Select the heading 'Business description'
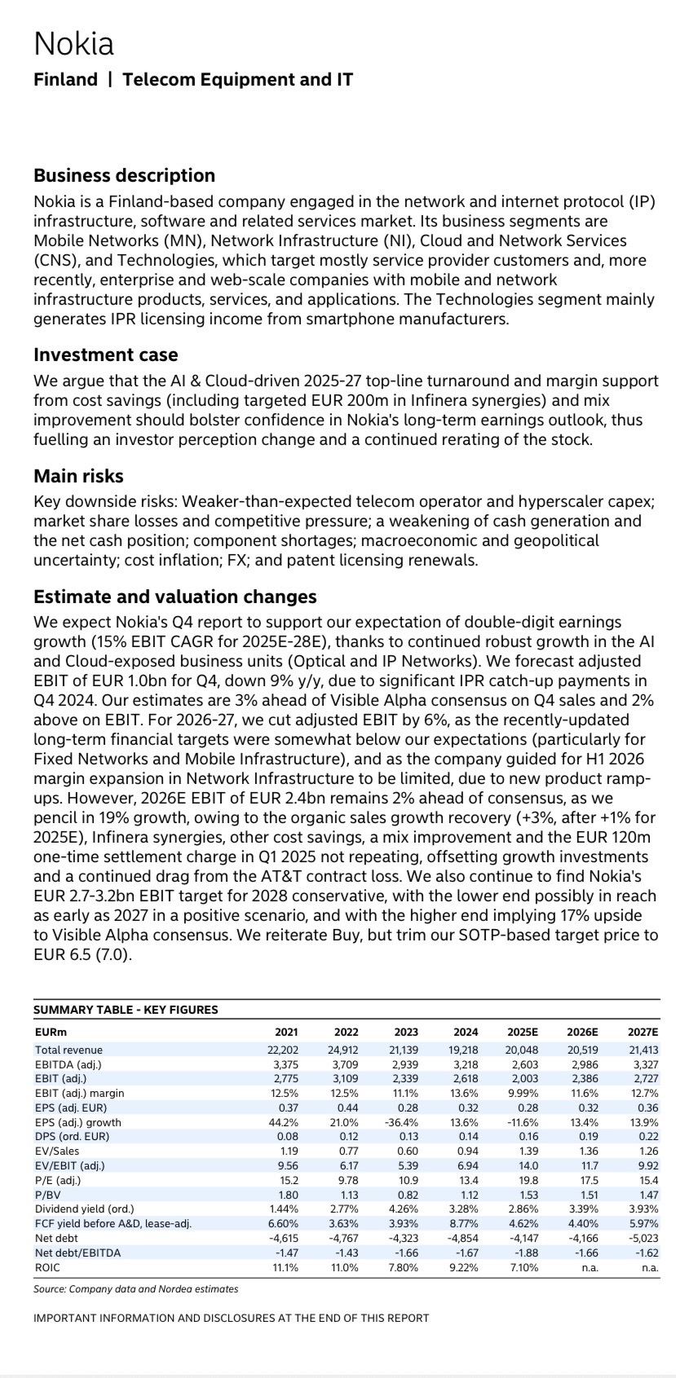pos(124,175)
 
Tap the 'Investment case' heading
pos(105,354)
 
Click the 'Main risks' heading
pos(78,476)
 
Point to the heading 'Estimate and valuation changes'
pos(175,597)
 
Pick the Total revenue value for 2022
pos(343,1050)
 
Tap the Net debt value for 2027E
pos(643,1238)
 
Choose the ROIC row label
pos(47,1267)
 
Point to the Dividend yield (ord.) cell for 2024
pos(463,1209)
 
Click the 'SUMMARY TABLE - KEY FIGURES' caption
pos(126,1010)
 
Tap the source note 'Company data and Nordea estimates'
pos(135,1289)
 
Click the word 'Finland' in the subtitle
pos(65,80)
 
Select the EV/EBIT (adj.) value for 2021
pos(287,1165)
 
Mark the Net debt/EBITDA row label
pos(77,1253)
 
